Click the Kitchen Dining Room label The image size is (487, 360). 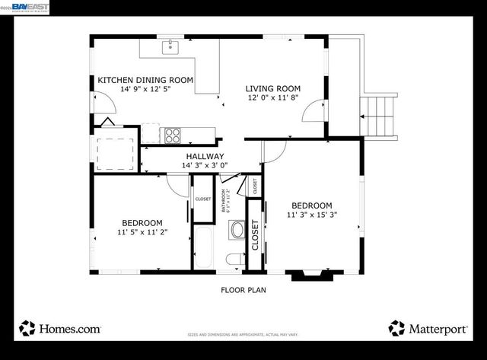145,80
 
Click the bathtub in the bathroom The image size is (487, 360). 204,246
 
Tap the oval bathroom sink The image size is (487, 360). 237,230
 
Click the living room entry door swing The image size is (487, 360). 311,113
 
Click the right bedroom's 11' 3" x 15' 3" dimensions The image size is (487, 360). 311,215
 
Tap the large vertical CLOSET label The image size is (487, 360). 256,236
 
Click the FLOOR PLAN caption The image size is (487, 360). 243,289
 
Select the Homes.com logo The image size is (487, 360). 61,328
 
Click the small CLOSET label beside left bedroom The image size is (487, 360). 202,199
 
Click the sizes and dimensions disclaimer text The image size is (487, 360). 243,334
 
